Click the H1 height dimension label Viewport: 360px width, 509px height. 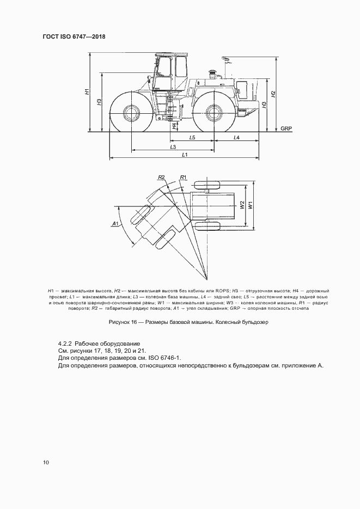pos(87,92)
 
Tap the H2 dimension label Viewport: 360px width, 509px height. pos(274,93)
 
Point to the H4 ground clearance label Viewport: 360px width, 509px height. pos(174,126)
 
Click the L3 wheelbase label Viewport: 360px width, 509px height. pos(173,147)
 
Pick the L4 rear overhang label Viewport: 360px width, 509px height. pos(236,138)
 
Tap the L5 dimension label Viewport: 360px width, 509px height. pos(192,138)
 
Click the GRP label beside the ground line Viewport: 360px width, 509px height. pos(286,128)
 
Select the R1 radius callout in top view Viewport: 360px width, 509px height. pos(183,177)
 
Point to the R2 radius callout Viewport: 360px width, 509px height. pos(161,177)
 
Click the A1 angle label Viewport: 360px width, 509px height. pos(114,224)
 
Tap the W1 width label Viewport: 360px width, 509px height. pos(250,206)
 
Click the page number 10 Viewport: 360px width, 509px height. pos(46,462)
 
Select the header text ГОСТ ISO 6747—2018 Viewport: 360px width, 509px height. pos(74,36)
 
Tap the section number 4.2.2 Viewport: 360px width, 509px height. pos(65,344)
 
